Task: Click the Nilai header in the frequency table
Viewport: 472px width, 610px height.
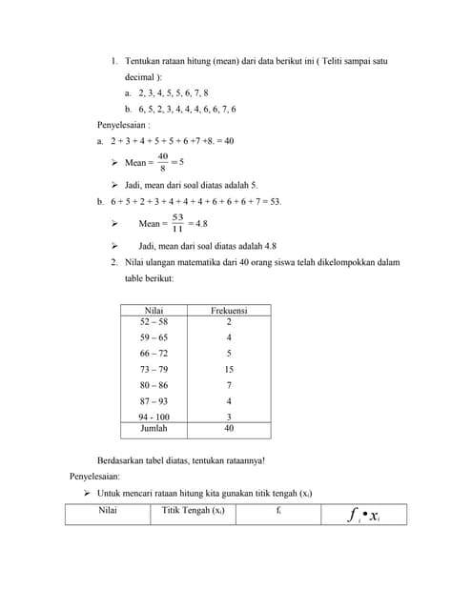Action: pos(153,311)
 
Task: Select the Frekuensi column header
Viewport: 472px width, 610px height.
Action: pos(229,311)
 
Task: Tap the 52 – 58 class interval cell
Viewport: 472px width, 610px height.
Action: pos(153,322)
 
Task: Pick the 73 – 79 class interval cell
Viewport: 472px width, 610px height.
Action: pos(153,369)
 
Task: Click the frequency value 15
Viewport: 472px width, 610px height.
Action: pos(229,369)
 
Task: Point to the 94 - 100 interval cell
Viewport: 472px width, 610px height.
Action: pos(153,417)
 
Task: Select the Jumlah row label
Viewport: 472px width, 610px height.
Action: pos(153,429)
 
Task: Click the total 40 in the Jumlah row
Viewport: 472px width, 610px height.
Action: pos(229,429)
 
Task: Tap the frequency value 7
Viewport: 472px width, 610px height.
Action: pos(229,385)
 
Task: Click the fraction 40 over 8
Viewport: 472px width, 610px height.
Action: pos(163,163)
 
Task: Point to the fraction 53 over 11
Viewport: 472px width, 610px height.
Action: pos(177,223)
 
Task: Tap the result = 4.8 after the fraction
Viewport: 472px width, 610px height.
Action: pos(198,223)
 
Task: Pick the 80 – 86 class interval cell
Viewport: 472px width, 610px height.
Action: pos(153,385)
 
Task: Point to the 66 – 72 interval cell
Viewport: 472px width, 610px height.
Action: pos(153,354)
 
